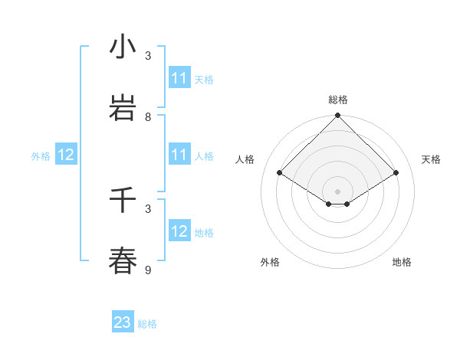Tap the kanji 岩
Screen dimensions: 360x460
pyautogui.click(x=123, y=108)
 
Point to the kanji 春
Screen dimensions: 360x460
pyautogui.click(x=123, y=260)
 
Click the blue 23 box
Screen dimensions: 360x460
pyautogui.click(x=123, y=322)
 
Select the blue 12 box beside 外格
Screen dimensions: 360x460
pyautogui.click(x=66, y=155)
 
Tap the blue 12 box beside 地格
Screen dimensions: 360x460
pyautogui.click(x=179, y=231)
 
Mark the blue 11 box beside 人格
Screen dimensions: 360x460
pyautogui.click(x=179, y=155)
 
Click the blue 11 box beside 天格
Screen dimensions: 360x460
pyautogui.click(x=179, y=78)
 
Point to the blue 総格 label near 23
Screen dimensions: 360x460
pyautogui.click(x=147, y=324)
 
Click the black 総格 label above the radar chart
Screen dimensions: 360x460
pyautogui.click(x=337, y=100)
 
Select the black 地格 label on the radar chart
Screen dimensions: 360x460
pyautogui.click(x=402, y=262)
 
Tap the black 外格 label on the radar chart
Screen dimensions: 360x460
pyautogui.click(x=270, y=262)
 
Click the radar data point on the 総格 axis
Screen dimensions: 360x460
pyautogui.click(x=337, y=116)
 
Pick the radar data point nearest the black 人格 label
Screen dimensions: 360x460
pyautogui.click(x=280, y=173)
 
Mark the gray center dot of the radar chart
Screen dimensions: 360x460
pyautogui.click(x=337, y=191)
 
